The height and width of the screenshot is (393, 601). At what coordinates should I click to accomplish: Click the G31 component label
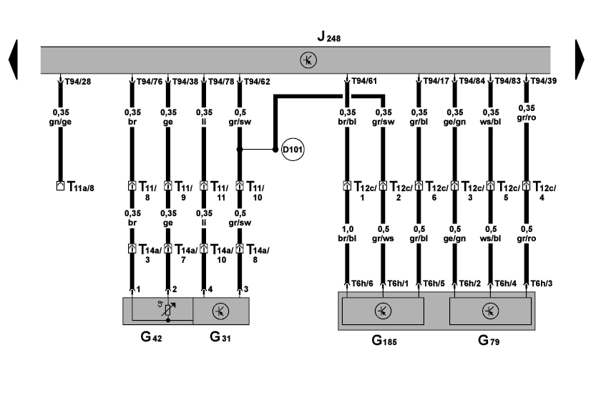(x=219, y=336)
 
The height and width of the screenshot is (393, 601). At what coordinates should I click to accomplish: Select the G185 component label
(x=384, y=341)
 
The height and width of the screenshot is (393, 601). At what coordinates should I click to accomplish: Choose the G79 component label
(x=489, y=341)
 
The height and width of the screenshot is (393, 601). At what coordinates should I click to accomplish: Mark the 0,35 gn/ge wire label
(x=62, y=117)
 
